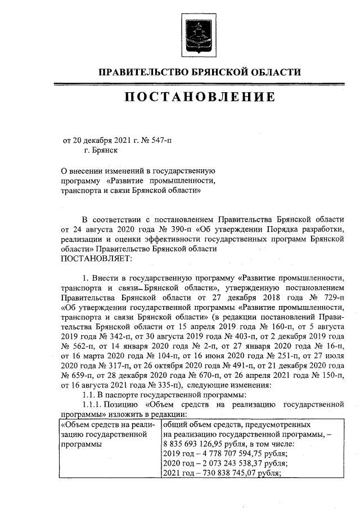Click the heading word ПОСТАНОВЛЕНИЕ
pyautogui.click(x=200, y=97)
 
